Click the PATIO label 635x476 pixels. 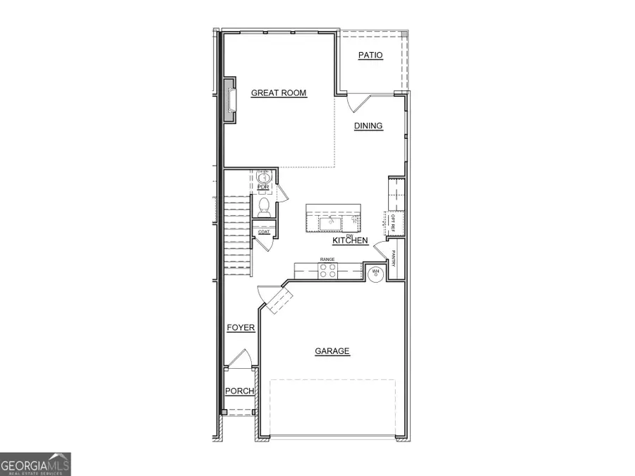click(x=370, y=55)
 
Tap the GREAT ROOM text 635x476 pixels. click(x=279, y=92)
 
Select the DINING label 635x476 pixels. click(x=368, y=126)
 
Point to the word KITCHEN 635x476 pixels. click(x=351, y=240)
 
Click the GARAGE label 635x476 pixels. click(x=332, y=350)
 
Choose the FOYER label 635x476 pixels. click(x=241, y=328)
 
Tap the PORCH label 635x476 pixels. click(x=239, y=391)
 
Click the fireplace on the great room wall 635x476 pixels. click(x=230, y=99)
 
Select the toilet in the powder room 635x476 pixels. click(x=264, y=205)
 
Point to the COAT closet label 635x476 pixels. click(x=263, y=231)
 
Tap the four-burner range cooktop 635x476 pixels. click(x=327, y=271)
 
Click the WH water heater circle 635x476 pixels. click(x=376, y=273)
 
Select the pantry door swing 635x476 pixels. click(x=380, y=250)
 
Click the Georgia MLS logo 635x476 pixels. click(x=35, y=464)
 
